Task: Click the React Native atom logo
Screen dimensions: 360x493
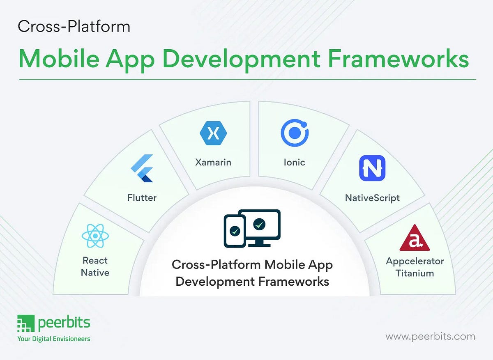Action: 95,236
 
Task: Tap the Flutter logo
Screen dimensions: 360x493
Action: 142,168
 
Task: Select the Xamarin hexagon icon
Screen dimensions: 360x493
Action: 213,133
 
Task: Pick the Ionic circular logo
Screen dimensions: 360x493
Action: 295,133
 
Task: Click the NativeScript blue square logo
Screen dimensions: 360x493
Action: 372,168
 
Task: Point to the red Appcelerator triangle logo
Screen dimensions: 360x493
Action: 415,239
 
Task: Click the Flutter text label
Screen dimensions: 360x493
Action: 142,198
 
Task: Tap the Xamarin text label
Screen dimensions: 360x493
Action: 213,162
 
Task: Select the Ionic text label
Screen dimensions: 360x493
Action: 294,162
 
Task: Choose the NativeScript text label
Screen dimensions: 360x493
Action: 372,198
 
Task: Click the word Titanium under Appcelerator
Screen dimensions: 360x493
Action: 415,273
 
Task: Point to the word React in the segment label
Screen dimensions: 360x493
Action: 95,260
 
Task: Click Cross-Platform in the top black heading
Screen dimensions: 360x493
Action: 74,27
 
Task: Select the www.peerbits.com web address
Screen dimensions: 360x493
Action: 430,337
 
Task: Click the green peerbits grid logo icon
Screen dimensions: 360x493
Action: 25,324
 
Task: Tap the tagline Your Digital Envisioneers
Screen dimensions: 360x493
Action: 53,339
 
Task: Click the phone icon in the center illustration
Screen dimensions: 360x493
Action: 234,231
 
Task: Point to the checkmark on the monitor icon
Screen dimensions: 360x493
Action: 259,224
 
